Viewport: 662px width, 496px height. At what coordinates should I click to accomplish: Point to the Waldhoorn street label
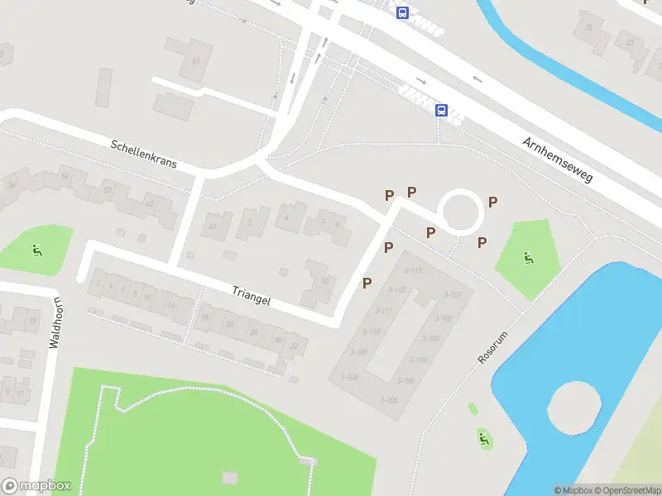(x=55, y=322)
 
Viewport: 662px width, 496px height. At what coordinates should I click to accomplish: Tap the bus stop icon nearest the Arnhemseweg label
(x=441, y=110)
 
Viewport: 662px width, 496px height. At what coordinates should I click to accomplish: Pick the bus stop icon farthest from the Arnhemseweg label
(x=402, y=12)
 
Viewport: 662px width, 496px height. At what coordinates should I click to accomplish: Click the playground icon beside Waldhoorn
(x=36, y=250)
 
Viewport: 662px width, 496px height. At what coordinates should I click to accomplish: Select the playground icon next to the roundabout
(x=527, y=257)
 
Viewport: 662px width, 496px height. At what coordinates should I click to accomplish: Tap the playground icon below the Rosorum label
(x=483, y=439)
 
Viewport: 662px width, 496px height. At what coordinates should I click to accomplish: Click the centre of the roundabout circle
(x=460, y=212)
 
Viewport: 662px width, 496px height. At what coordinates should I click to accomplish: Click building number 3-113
(x=412, y=270)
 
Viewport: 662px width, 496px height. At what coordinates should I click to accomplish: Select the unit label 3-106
(x=389, y=400)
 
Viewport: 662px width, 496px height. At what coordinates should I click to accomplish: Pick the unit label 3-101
(x=452, y=295)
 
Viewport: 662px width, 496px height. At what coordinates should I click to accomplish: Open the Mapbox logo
(x=36, y=486)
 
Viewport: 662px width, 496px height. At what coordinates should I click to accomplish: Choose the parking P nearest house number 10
(x=367, y=283)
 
